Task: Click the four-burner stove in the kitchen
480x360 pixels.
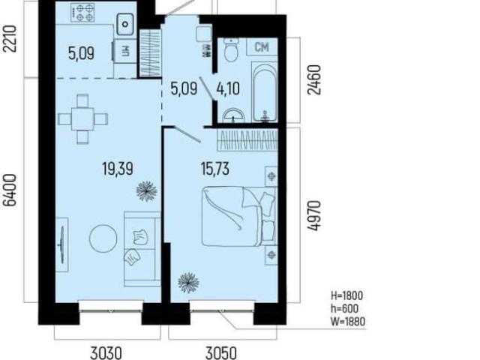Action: tap(82, 12)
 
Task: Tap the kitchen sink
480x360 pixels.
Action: tap(125, 24)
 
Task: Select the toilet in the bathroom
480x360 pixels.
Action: tap(231, 50)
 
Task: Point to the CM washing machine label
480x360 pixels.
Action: tap(262, 46)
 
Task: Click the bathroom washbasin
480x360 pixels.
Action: tap(233, 115)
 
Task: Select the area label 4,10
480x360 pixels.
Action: tap(228, 89)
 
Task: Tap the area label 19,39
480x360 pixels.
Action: tap(118, 169)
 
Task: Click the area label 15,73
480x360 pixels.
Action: tap(215, 169)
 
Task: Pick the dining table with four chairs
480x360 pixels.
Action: tap(83, 118)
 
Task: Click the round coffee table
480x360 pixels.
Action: tap(103, 238)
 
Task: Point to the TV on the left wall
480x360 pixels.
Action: tap(62, 244)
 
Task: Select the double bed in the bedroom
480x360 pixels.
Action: tap(238, 217)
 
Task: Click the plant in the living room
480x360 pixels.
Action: tap(146, 191)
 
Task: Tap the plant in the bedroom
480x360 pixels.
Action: tap(188, 283)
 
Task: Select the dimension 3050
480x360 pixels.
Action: tap(221, 352)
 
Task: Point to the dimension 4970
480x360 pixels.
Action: tap(314, 215)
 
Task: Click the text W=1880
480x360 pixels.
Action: tap(348, 322)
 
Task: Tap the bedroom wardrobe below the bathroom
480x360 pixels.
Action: tap(247, 140)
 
